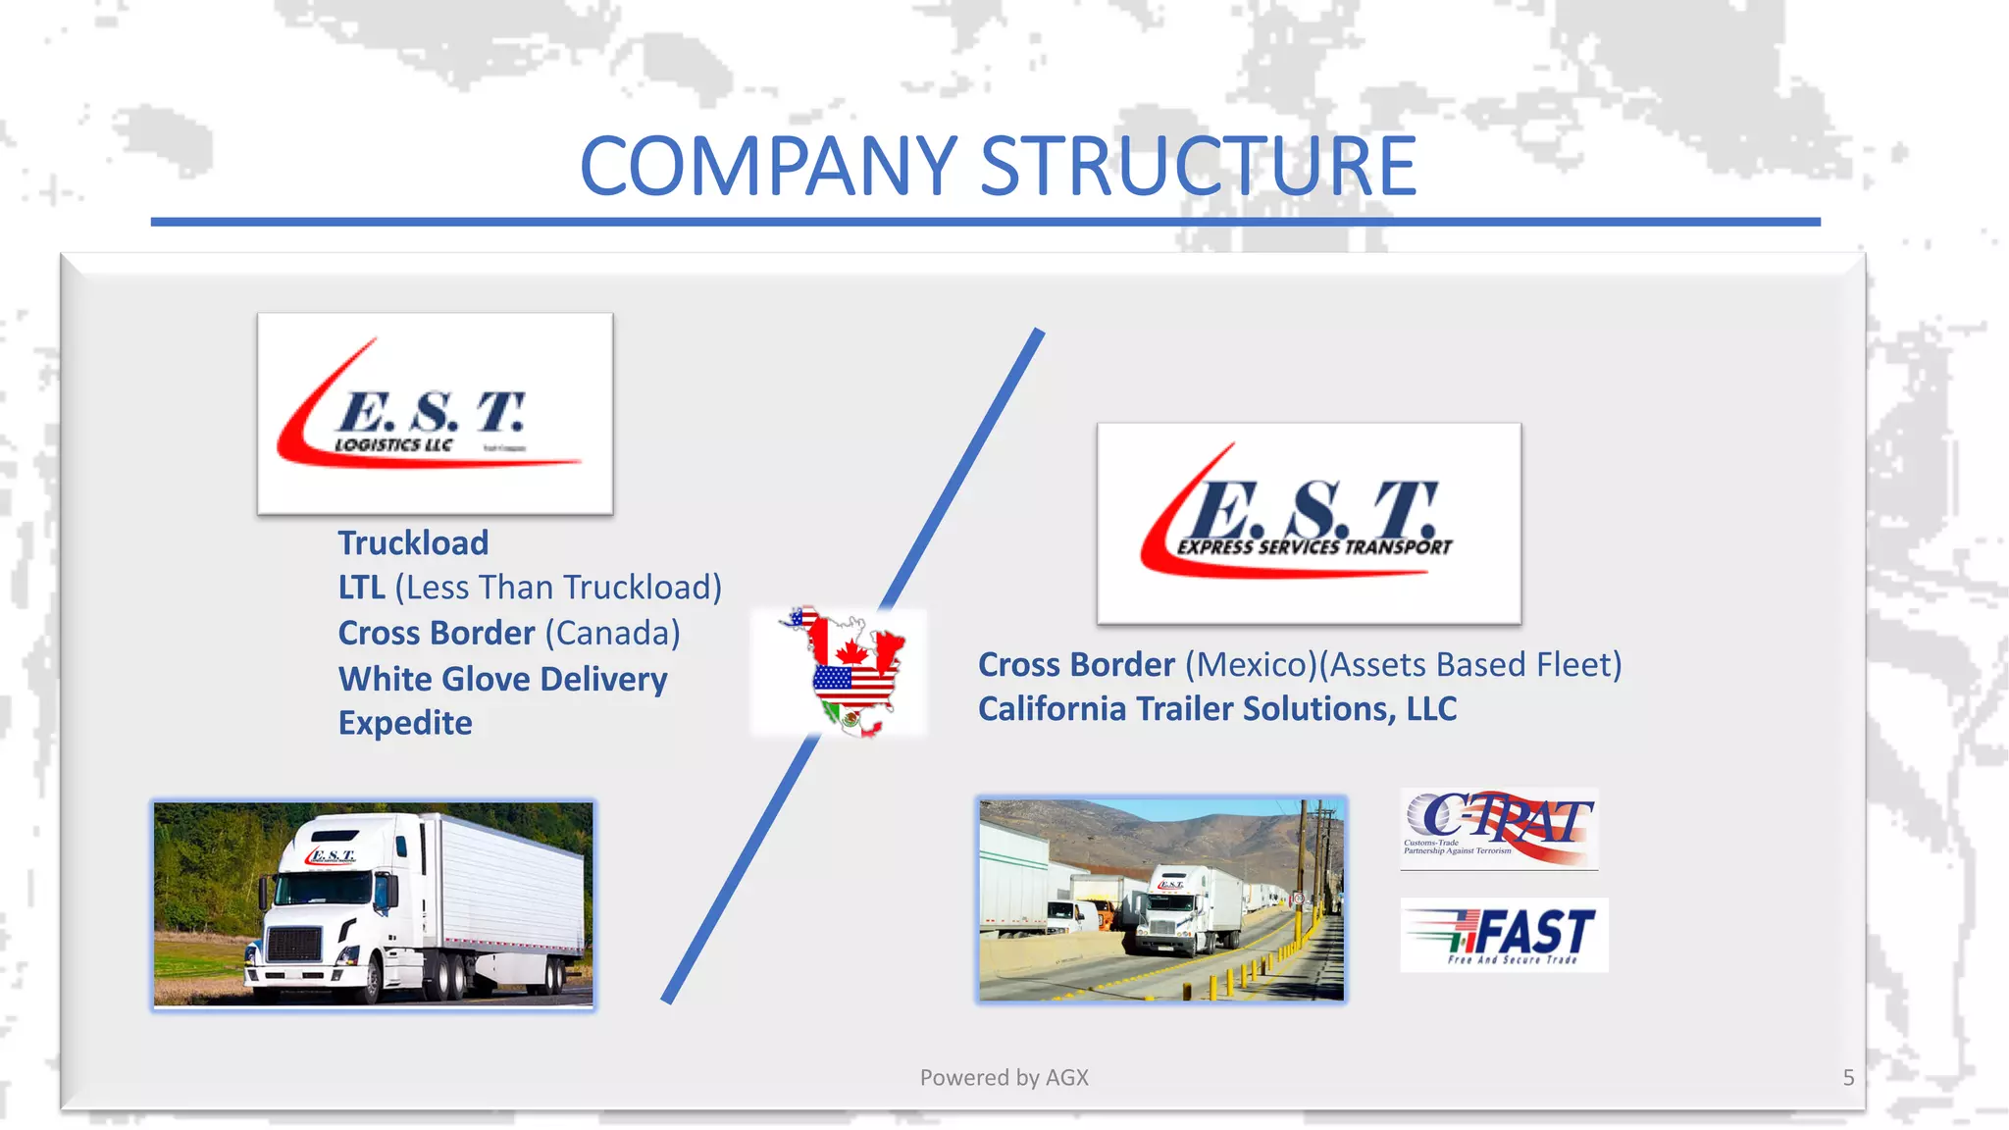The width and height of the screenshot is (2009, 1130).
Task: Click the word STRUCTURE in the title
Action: point(1198,167)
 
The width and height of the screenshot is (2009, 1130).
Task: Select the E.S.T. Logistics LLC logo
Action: point(435,414)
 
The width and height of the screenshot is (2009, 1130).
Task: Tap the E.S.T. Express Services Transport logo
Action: point(1309,524)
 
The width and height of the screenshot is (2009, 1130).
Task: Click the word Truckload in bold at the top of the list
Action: point(413,542)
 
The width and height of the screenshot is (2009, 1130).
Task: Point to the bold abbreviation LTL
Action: point(361,588)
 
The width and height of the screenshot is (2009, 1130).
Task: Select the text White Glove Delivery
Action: point(502,679)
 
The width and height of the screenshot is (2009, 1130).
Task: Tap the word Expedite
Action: point(405,723)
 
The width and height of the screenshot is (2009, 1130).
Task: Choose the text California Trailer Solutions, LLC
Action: point(1216,709)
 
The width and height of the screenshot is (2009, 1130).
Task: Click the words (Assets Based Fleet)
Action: point(1469,665)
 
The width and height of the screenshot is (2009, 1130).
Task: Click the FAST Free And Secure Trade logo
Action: point(1504,935)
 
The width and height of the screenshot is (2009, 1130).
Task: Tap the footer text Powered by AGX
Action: point(1004,1077)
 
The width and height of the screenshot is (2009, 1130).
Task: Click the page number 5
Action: point(1848,1077)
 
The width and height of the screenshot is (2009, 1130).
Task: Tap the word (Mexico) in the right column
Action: point(1250,665)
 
